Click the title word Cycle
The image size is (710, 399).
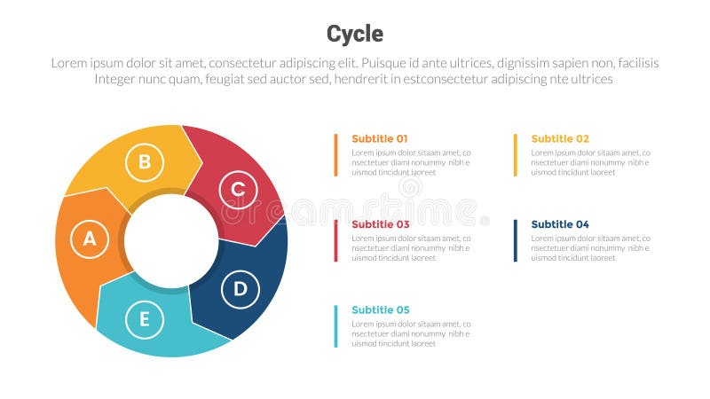(x=355, y=34)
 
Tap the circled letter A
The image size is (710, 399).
(x=89, y=239)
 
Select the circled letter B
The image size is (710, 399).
(x=145, y=162)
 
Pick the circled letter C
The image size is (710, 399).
(x=238, y=189)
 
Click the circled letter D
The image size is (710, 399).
(x=240, y=289)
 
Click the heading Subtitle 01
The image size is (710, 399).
(x=380, y=138)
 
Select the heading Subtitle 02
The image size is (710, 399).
(x=560, y=138)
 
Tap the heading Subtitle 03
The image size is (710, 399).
(x=381, y=224)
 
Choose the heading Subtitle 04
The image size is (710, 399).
(x=560, y=224)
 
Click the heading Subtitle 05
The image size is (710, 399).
(x=381, y=309)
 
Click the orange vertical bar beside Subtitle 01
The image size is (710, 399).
(x=336, y=154)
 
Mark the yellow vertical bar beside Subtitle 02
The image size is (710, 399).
(x=516, y=154)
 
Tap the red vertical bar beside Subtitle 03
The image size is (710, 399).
(x=336, y=240)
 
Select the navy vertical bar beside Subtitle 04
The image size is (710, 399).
(x=516, y=240)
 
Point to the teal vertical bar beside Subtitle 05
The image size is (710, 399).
(x=336, y=325)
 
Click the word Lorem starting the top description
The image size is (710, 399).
(x=68, y=63)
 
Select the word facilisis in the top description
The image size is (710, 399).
(x=633, y=63)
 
